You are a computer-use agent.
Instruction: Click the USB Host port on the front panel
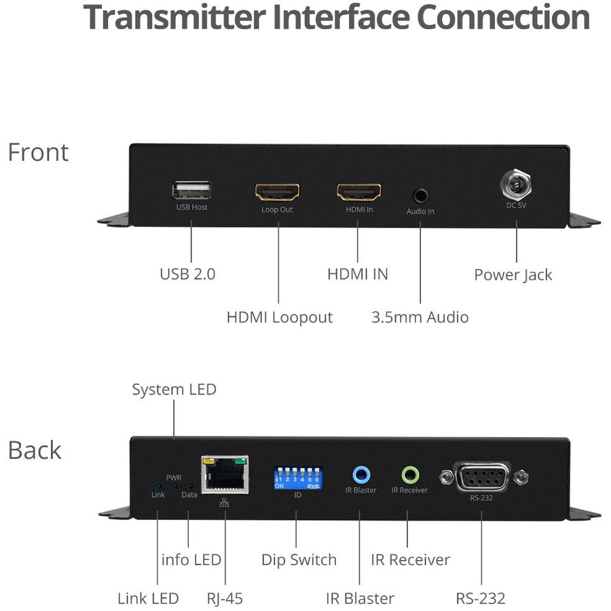click(191, 191)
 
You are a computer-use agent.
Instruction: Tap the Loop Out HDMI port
click(277, 192)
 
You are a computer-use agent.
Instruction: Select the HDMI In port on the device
click(359, 192)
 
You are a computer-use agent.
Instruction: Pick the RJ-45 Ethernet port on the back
click(225, 474)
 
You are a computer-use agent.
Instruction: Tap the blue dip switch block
click(297, 477)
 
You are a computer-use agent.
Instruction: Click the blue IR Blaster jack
click(360, 474)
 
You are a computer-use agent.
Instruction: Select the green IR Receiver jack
click(409, 474)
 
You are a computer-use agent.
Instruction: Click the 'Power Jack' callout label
click(513, 275)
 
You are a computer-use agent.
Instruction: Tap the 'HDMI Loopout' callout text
click(279, 317)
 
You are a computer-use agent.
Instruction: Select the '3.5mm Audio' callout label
click(420, 317)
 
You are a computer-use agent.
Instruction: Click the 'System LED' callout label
click(174, 390)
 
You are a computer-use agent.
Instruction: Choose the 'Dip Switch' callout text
click(299, 560)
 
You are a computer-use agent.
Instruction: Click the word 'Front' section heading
click(38, 153)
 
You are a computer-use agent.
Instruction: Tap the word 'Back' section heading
click(35, 450)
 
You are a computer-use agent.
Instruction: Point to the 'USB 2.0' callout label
click(187, 274)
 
